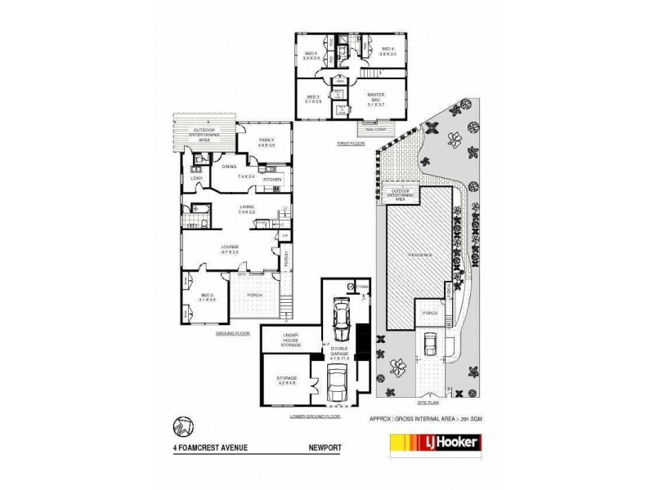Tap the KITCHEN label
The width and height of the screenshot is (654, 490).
point(272,178)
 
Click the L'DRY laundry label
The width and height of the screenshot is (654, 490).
point(196,178)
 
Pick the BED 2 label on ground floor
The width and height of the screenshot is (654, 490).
point(207,296)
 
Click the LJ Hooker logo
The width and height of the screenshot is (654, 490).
point(433,443)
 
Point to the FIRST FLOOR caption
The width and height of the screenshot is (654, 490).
point(349,143)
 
